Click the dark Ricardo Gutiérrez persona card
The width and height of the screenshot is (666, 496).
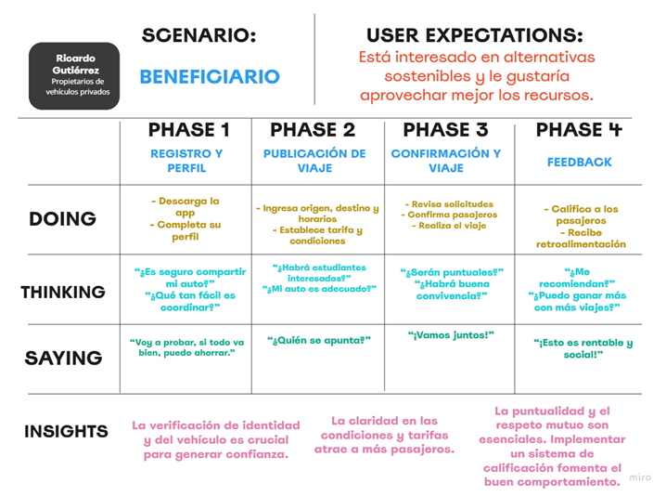[x=74, y=76]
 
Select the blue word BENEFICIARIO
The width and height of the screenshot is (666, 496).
[x=210, y=77]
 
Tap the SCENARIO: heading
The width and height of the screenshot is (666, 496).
[x=199, y=35]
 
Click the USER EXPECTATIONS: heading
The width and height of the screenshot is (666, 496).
[x=474, y=35]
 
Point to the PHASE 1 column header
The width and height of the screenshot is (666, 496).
[x=188, y=130]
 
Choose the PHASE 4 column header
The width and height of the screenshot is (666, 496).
[x=579, y=130]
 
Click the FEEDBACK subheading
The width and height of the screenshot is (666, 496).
[x=580, y=162]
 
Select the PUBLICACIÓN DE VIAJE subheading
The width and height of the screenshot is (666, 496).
[x=314, y=161]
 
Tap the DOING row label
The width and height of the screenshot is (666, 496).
[x=62, y=219]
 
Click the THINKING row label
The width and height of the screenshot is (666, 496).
[x=63, y=293]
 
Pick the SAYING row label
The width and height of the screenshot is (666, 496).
[x=63, y=359]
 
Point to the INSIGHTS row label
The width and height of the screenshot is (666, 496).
[x=66, y=431]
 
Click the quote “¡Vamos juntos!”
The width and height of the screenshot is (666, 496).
[x=451, y=335]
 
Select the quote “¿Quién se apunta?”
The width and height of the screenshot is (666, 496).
[x=319, y=340]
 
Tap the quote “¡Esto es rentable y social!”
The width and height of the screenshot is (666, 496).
[x=583, y=348]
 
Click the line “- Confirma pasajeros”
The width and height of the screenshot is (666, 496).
[x=449, y=215]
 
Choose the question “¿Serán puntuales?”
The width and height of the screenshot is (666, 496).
[x=452, y=272]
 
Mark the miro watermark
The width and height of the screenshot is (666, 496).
[x=640, y=477]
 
